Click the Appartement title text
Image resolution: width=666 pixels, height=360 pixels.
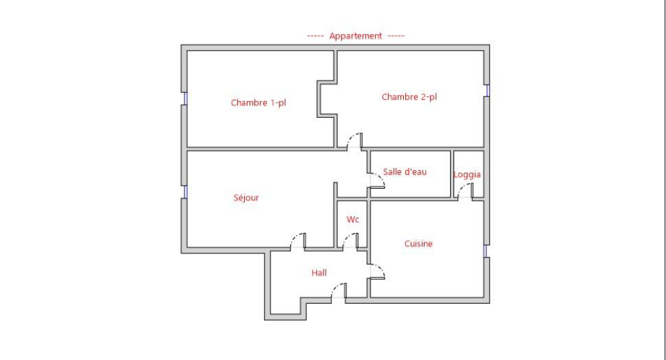(356, 36)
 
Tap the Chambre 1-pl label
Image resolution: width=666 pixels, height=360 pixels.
(258, 103)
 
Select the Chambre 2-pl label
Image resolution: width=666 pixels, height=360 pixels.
(409, 97)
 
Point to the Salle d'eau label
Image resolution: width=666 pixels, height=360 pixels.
(405, 172)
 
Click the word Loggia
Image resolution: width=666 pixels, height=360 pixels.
(467, 175)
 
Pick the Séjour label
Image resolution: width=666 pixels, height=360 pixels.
(246, 197)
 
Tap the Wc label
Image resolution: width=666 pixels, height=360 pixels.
(352, 219)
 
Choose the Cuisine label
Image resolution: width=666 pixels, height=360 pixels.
(419, 244)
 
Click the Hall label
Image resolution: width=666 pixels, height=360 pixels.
(319, 273)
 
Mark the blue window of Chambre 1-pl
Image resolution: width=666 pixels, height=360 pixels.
(185, 98)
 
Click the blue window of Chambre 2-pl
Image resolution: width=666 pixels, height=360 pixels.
(487, 90)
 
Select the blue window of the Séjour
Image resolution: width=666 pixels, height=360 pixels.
(185, 191)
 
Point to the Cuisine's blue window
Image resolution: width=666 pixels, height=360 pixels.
(485, 251)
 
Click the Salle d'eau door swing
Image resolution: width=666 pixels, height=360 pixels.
(377, 181)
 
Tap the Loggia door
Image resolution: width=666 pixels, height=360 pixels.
(465, 191)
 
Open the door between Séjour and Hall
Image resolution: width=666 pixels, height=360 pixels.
(298, 241)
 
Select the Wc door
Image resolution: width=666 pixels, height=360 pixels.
(350, 241)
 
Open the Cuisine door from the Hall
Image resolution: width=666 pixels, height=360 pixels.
(377, 272)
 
